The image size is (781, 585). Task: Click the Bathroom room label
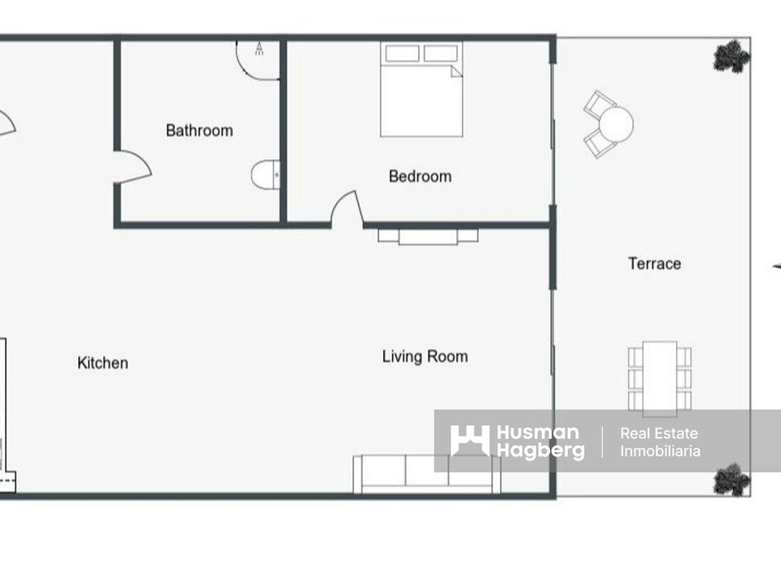199,130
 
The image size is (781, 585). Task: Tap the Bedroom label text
420,176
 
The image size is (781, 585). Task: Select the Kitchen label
103,362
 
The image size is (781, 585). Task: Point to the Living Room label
425,357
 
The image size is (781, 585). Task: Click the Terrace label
654,263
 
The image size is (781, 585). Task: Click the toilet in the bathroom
265,175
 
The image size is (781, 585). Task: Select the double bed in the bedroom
421,89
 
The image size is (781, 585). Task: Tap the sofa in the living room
427,474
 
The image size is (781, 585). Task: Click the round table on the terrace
616,124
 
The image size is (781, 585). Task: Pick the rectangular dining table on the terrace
660,379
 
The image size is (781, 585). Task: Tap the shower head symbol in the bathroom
259,48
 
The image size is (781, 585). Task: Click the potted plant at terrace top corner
732,56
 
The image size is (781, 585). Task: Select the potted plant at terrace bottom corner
732,479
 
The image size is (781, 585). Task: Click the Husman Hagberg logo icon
469,440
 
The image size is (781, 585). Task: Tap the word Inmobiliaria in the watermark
660,451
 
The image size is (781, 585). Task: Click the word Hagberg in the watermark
540,451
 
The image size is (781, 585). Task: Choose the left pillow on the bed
402,54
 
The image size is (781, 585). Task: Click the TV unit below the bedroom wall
428,236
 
